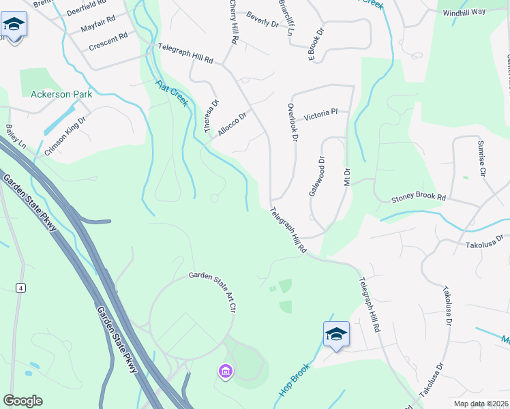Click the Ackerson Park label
(61, 94)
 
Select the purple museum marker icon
(226, 372)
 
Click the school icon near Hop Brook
(336, 334)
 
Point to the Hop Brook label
(295, 380)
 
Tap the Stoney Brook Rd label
(418, 198)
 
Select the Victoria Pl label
(320, 112)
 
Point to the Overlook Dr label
(292, 122)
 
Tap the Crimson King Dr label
(65, 136)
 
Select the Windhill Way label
(464, 12)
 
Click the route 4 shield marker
(21, 288)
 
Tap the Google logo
(22, 400)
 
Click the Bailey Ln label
(15, 137)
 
